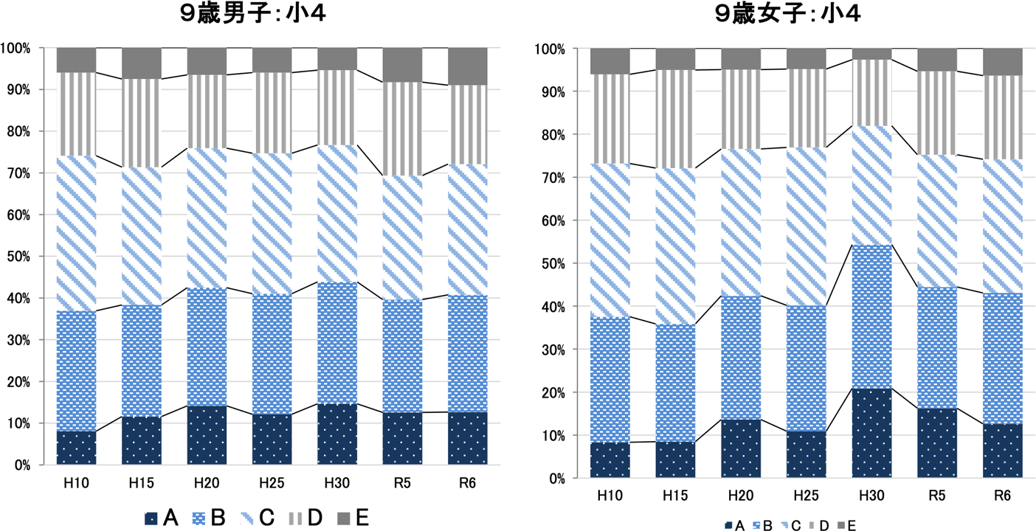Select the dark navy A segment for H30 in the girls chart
click(x=871, y=433)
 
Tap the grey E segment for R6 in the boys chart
click(x=468, y=66)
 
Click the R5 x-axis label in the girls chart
click(x=936, y=496)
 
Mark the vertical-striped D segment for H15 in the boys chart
click(x=141, y=123)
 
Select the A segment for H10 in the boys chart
click(x=76, y=448)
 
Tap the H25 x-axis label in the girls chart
click(x=806, y=496)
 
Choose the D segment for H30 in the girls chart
click(x=871, y=93)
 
